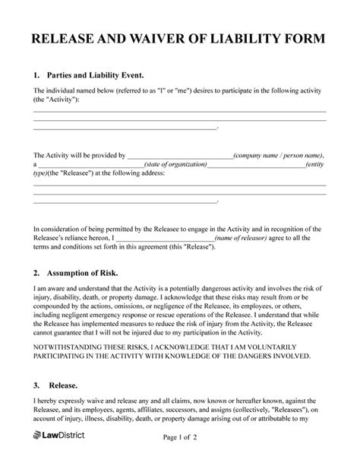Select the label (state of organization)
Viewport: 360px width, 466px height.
(175, 163)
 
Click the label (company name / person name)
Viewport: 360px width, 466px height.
(283, 154)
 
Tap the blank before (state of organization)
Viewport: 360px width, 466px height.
(90, 163)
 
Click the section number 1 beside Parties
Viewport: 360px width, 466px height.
(36, 76)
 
